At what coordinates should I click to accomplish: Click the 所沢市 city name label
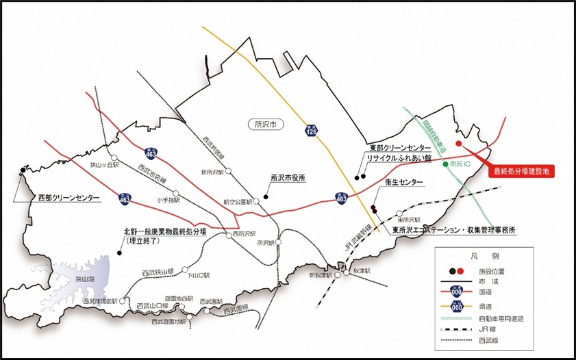coord(262,125)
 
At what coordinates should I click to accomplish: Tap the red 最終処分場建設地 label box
coord(522,170)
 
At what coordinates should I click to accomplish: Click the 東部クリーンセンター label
coord(400,149)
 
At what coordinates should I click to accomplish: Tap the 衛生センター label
coord(404,183)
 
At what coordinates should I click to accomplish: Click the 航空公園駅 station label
coord(240,201)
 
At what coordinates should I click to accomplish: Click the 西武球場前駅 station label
coord(100,300)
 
